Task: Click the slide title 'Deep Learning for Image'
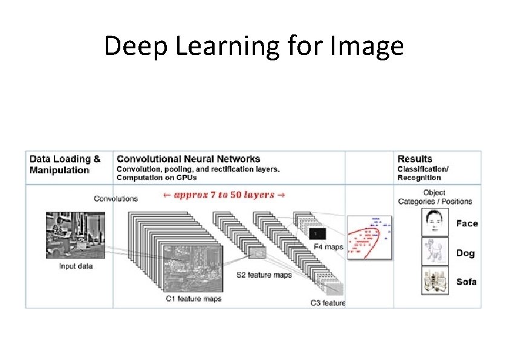point(254,46)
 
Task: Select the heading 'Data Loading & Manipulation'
point(65,164)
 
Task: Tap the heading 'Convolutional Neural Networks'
point(188,159)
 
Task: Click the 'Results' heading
point(415,159)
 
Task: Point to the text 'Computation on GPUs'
point(157,178)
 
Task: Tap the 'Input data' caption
point(76,266)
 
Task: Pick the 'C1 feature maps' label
point(193,298)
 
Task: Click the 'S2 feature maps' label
point(264,275)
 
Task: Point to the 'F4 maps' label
point(329,246)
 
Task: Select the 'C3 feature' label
point(328,303)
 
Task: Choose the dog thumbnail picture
point(435,252)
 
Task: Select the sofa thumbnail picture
point(435,281)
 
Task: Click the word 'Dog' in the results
point(465,253)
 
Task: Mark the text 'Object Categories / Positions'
point(435,197)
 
